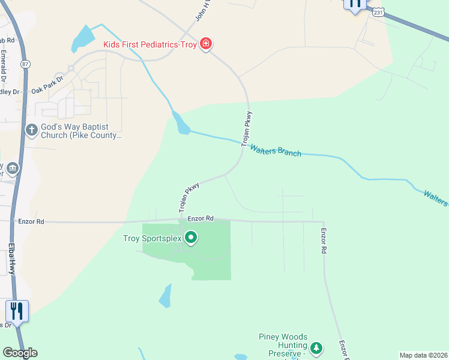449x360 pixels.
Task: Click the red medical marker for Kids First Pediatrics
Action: coord(206,44)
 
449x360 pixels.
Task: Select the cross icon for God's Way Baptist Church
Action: coord(31,130)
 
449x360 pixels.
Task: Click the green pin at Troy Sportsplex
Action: coord(191,238)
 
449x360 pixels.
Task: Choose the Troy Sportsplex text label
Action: coord(152,238)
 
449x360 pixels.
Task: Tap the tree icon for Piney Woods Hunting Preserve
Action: coord(316,347)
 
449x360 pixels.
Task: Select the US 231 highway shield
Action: coord(377,11)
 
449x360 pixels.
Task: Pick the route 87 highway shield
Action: coord(25,63)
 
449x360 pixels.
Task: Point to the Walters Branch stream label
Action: coord(276,150)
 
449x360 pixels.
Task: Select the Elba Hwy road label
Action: coord(11,258)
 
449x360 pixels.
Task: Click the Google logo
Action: coord(20,353)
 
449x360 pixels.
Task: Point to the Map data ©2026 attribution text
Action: coord(424,355)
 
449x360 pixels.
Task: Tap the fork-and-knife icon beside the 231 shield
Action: coord(355,3)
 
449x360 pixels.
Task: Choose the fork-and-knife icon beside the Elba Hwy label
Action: coord(16,310)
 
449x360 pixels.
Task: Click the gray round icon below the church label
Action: coord(12,169)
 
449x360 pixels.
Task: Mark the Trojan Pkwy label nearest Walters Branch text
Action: coord(246,129)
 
